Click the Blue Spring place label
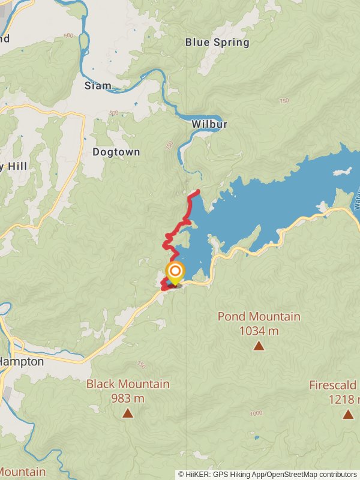[x=217, y=43]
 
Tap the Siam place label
[x=98, y=86]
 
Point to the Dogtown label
[x=116, y=152]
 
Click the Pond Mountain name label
[x=259, y=316]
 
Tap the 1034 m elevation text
[x=259, y=330]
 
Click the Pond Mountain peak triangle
[x=259, y=346]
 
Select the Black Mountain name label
[x=128, y=384]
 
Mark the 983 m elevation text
[x=128, y=398]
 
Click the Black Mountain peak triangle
[x=128, y=413]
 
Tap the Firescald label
[x=333, y=385]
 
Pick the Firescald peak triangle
[x=348, y=414]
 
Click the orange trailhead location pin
[x=175, y=273]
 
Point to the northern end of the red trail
[x=198, y=191]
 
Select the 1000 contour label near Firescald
[x=256, y=413]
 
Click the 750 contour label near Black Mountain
[x=141, y=364]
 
